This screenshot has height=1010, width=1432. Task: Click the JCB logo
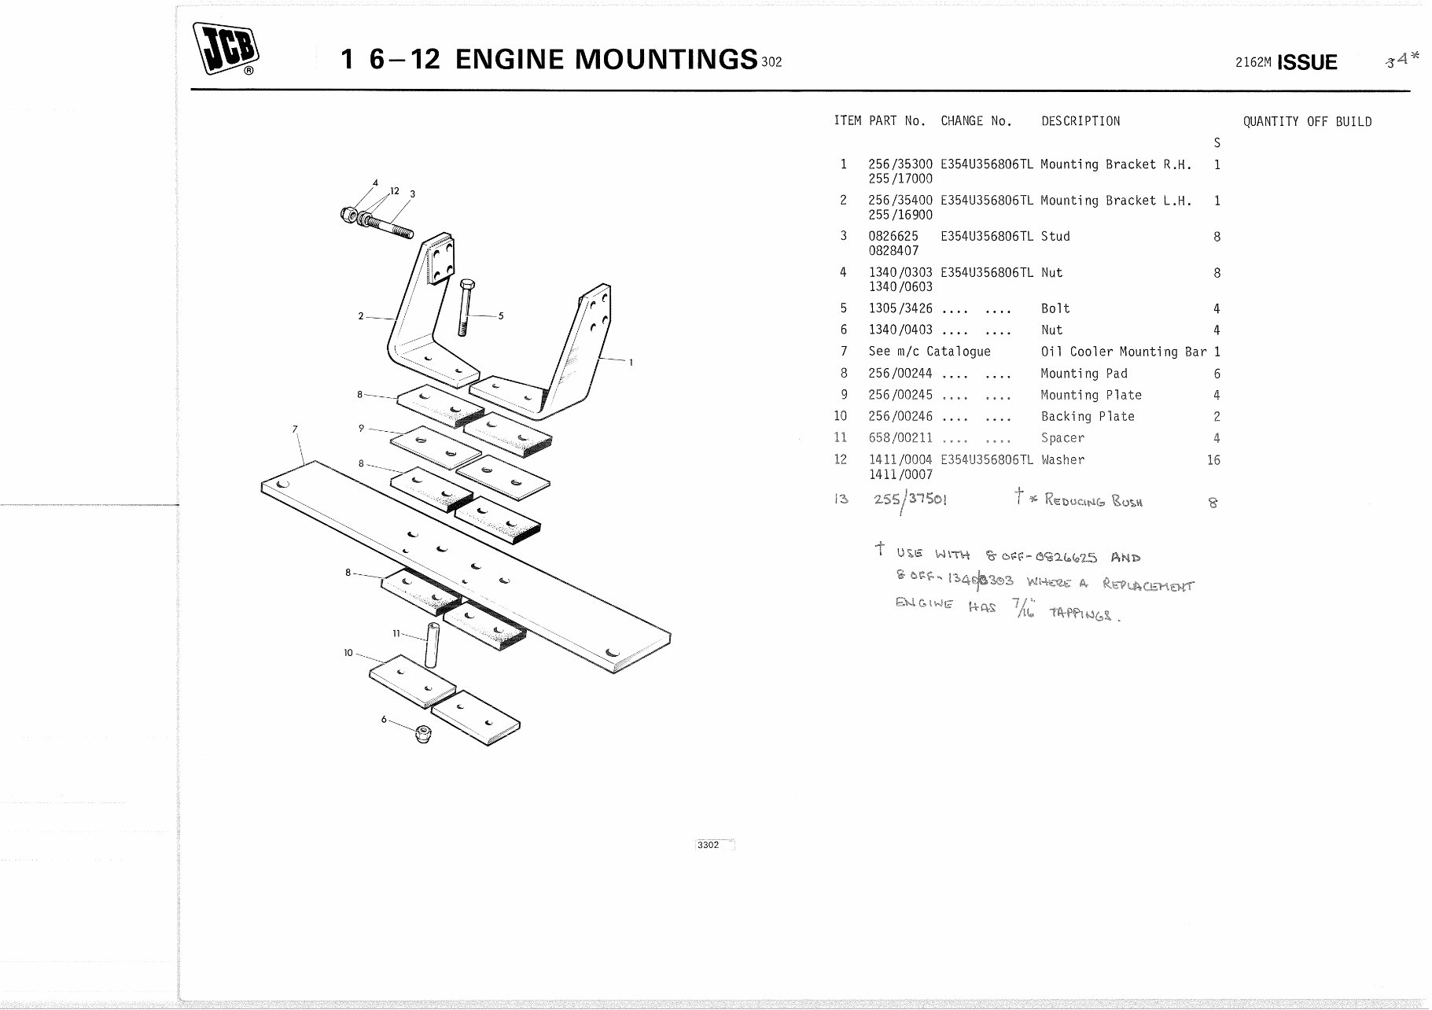point(226,49)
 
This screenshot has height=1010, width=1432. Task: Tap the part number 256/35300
point(900,164)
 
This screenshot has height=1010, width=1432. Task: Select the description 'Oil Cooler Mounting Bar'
point(1123,352)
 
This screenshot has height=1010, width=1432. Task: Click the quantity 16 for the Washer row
point(1213,460)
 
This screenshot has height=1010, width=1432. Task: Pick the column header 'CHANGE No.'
point(976,121)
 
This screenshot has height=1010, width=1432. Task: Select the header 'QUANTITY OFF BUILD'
point(1307,122)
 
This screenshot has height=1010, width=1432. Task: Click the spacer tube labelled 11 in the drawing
point(431,644)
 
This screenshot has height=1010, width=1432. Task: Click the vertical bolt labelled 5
point(466,307)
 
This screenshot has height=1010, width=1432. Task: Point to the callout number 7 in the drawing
point(295,429)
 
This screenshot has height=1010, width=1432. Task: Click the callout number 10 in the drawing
point(348,652)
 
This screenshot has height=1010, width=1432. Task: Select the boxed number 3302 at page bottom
point(709,845)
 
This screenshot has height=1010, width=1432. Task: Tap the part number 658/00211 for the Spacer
point(900,438)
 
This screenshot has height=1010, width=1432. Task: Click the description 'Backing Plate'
point(1087,417)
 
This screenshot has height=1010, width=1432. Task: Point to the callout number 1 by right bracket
point(631,363)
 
